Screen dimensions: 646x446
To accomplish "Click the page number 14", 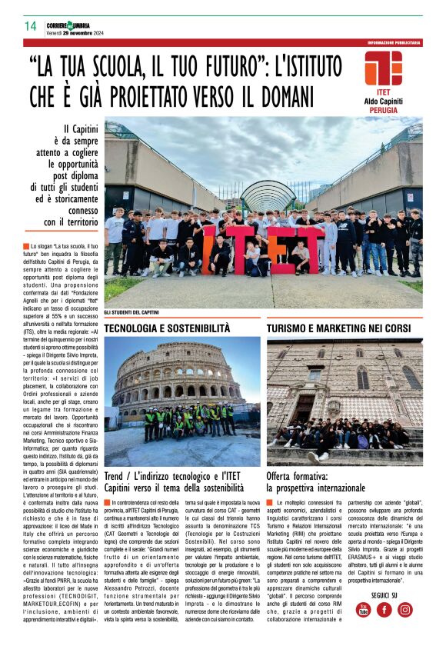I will point(31,26).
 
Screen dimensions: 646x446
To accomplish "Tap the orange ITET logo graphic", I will point(383,68).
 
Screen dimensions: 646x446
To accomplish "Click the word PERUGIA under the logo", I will point(383,110).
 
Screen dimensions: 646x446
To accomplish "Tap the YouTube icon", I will point(363,609).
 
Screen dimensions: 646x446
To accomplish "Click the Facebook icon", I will point(384,609).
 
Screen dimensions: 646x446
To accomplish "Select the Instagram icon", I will point(404,609).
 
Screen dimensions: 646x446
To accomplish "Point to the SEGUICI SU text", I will point(383,594).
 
